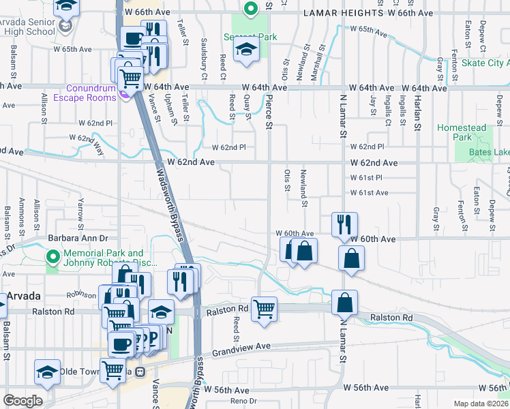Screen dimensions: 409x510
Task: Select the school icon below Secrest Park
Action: (x=245, y=50)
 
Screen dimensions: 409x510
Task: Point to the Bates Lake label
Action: (x=491, y=151)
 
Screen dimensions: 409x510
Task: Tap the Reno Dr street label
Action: (x=242, y=401)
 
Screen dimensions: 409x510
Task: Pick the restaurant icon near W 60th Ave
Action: (x=343, y=225)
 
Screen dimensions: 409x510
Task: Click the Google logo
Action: (x=22, y=401)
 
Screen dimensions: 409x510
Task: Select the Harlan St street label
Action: (x=419, y=113)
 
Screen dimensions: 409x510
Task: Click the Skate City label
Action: (x=484, y=63)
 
